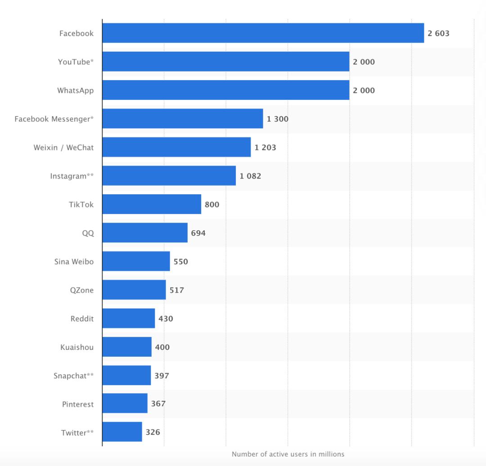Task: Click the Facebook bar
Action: (263, 33)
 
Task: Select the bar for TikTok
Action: (152, 204)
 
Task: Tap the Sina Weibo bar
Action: (136, 261)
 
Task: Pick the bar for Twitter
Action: (122, 432)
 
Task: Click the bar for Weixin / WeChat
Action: (176, 147)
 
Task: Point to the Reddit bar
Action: (128, 318)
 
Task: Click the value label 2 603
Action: (438, 33)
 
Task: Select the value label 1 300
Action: (277, 119)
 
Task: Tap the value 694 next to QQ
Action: (198, 233)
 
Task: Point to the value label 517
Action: (176, 290)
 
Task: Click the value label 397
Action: (162, 376)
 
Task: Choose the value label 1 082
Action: (250, 176)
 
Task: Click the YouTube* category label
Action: (76, 62)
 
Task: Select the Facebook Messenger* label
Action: (54, 119)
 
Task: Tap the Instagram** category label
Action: (72, 176)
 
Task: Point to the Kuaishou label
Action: (77, 347)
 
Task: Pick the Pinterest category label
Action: (78, 404)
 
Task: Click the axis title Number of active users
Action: (288, 454)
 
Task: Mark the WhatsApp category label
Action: (75, 90)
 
